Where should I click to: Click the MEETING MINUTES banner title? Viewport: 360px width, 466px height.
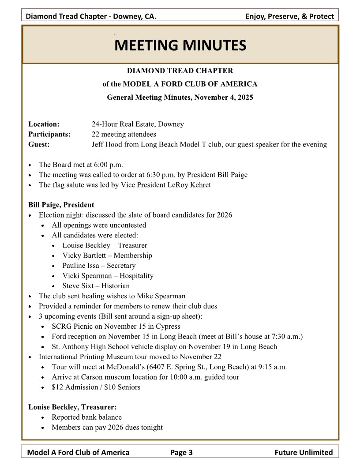pyautogui.click(x=180, y=45)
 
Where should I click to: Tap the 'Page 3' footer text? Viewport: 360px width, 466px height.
pyautogui.click(x=181, y=452)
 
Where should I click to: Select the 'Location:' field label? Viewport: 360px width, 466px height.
pyautogui.click(x=44, y=124)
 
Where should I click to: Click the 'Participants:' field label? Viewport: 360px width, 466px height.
pyautogui.click(x=49, y=135)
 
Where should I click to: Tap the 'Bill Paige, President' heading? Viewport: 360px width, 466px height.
pyautogui.click(x=61, y=205)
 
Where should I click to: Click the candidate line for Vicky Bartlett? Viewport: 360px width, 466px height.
pyautogui.click(x=107, y=256)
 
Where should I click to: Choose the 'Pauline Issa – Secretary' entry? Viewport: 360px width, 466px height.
pyautogui.click(x=99, y=266)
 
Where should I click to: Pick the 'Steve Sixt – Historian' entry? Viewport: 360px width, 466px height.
pyautogui.click(x=96, y=286)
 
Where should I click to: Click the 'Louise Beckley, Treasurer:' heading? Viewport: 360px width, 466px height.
pyautogui.click(x=72, y=407)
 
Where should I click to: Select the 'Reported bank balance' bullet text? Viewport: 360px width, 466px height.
pyautogui.click(x=86, y=417)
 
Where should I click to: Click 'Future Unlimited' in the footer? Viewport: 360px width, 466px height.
pyautogui.click(x=304, y=452)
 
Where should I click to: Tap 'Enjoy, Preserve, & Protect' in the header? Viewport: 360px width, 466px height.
pyautogui.click(x=289, y=17)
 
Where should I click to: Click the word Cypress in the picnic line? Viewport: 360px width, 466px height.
pyautogui.click(x=168, y=327)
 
